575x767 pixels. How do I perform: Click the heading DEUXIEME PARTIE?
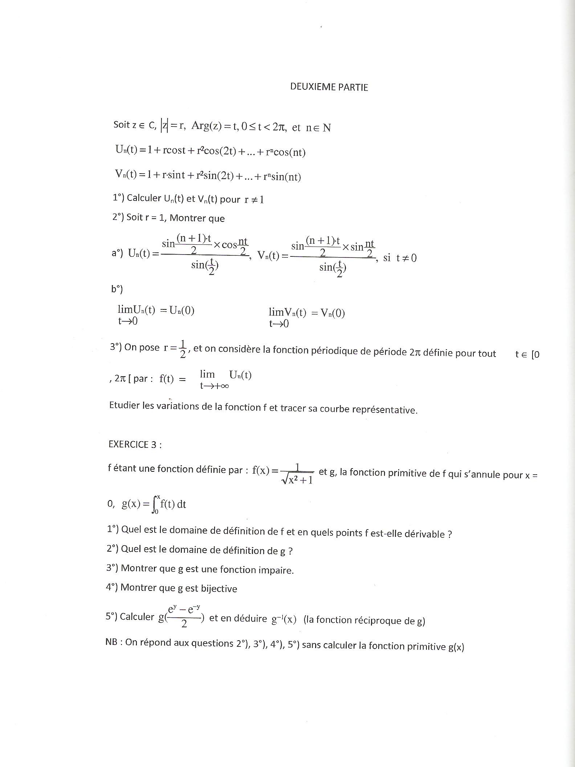pos(329,87)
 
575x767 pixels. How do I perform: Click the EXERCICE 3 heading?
pos(135,445)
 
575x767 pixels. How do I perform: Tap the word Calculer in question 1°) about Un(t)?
pos(144,198)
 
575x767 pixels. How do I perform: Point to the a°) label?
pos(117,253)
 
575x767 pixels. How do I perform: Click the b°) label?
pos(117,289)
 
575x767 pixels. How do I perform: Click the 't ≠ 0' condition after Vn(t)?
pos(406,258)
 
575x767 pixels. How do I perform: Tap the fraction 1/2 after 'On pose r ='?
pos(183,349)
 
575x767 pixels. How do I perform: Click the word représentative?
pos(387,410)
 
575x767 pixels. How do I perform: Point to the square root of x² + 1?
pos(297,480)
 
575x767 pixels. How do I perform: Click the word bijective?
pos(219,588)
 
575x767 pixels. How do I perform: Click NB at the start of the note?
pos(111,642)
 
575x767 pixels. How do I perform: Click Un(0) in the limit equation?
pos(182,311)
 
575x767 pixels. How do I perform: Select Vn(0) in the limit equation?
pos(333,313)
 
